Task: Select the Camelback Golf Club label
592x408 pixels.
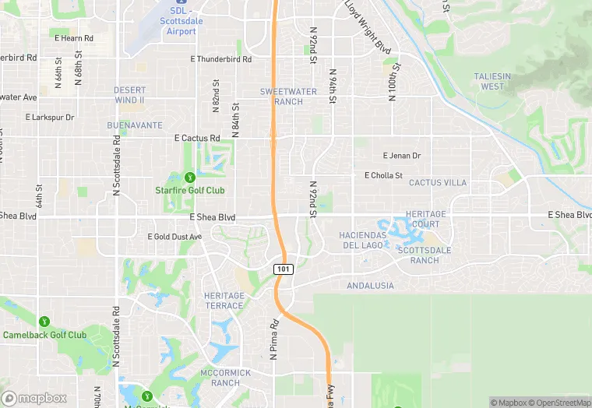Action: tap(44, 335)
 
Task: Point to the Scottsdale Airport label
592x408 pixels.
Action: tap(181, 16)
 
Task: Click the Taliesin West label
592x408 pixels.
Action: tap(492, 81)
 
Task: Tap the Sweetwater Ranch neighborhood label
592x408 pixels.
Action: tap(281, 97)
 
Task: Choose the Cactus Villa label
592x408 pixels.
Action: tap(438, 183)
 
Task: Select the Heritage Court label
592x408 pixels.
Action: tap(427, 219)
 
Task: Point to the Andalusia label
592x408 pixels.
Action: tap(370, 286)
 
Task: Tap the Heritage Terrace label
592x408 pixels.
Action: tap(224, 301)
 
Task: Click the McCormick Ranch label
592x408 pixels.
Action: tap(225, 378)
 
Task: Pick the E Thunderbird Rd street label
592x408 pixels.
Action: tap(221, 58)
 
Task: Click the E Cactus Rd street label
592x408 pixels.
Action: tap(197, 138)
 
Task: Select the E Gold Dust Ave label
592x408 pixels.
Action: tap(174, 236)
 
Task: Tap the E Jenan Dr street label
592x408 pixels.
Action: tap(402, 156)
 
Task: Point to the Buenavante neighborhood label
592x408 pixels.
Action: tap(135, 125)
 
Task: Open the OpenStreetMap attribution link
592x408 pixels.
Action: tap(559, 402)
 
